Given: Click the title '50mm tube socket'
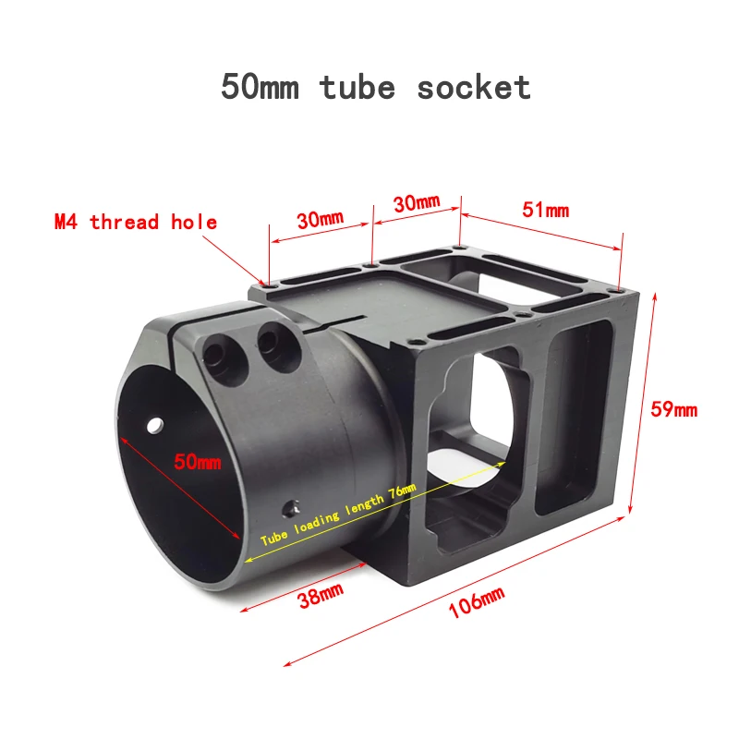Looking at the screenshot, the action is click(375, 87).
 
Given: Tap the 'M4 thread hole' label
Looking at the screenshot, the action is click(136, 222).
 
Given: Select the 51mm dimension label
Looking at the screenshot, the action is click(545, 210).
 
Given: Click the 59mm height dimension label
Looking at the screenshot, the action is click(673, 408).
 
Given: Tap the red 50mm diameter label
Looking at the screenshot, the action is click(198, 461).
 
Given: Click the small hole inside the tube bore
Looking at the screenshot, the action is click(154, 426).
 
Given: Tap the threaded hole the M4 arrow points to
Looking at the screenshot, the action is click(263, 285).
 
